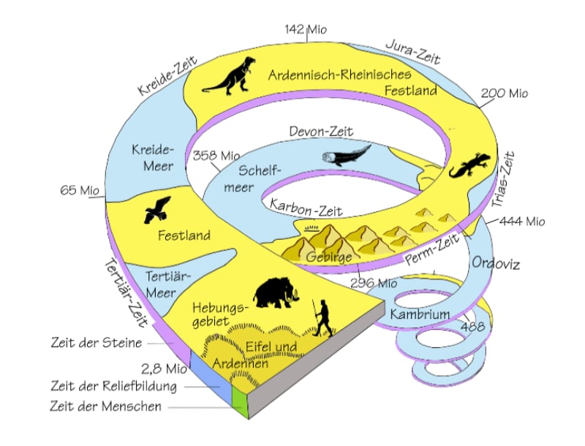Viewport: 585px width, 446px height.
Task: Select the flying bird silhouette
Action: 157,209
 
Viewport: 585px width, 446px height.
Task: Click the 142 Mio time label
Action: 306,29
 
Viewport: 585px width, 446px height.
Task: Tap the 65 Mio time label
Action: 79,192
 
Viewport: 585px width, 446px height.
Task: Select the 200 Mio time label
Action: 505,94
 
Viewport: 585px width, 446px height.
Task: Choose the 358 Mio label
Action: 216,155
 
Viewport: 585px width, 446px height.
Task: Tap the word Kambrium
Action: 419,315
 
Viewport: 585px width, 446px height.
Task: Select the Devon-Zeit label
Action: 321,132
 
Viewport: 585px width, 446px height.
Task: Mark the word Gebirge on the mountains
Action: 329,257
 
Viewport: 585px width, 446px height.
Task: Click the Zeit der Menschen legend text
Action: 106,407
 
